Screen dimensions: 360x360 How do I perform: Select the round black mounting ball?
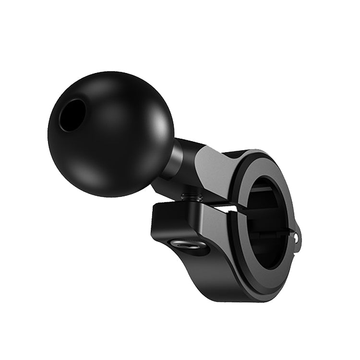click(x=110, y=130)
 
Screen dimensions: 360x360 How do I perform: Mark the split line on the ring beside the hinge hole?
click(x=291, y=232)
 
